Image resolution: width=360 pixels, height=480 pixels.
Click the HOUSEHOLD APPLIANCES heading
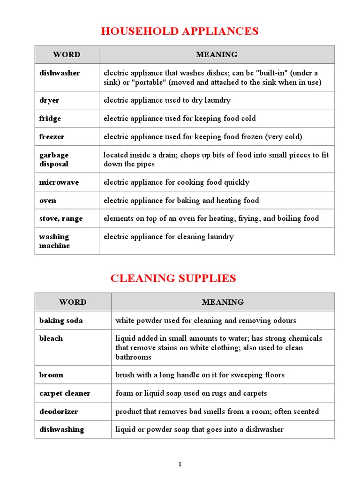[180, 31]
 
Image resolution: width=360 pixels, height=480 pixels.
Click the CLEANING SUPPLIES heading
[173, 278]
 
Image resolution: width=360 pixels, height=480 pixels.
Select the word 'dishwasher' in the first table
[60, 73]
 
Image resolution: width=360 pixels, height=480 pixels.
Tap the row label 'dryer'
[49, 100]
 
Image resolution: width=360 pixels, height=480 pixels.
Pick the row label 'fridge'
[50, 119]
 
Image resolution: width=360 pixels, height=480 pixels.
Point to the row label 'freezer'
[52, 137]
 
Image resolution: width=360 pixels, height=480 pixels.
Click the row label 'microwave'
[59, 182]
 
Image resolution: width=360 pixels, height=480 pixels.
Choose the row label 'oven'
[48, 201]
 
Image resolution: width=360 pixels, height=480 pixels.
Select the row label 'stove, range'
[60, 218]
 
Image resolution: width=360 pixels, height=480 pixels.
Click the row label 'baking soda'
[60, 321]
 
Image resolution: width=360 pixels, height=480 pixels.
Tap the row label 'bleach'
[51, 338]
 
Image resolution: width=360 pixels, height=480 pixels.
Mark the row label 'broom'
[51, 375]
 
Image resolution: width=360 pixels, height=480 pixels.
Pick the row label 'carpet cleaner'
[65, 393]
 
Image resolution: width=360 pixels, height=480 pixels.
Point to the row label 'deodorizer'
[59, 412]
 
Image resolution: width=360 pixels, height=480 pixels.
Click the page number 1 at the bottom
[180, 465]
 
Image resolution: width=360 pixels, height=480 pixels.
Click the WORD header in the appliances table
[67, 55]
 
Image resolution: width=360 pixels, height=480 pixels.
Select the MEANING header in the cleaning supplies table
[223, 302]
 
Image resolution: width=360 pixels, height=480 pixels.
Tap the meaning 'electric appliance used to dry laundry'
[167, 100]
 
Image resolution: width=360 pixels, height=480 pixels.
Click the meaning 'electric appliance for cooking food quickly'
[176, 182]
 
